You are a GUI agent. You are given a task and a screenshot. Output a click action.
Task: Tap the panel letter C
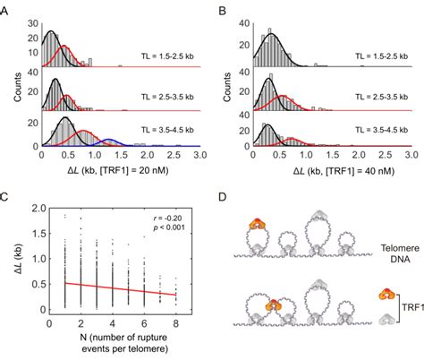(7, 196)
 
